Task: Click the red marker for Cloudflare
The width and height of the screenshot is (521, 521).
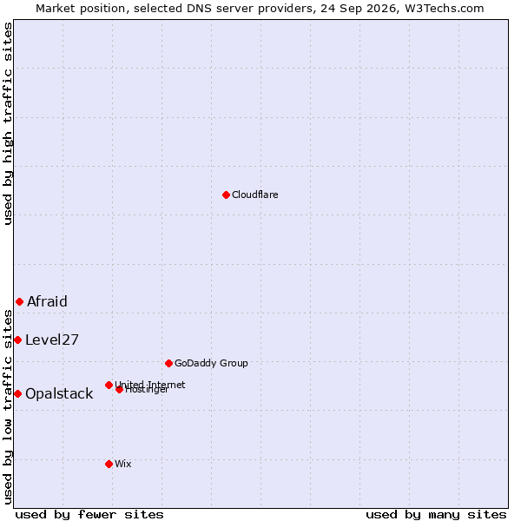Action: (226, 195)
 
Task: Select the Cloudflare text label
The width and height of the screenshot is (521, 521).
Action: (254, 195)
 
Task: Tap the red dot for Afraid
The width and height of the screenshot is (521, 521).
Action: (20, 301)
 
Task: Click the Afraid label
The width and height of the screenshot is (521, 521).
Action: (47, 301)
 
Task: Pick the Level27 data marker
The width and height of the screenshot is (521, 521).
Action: (18, 340)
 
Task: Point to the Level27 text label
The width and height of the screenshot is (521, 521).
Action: (52, 340)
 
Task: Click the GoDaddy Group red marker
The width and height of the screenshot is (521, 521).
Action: (168, 364)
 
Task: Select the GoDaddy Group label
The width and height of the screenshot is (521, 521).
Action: (211, 363)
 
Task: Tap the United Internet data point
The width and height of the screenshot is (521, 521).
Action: (109, 385)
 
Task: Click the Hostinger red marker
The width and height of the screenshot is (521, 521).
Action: (120, 390)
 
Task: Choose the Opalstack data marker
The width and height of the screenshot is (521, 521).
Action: (18, 394)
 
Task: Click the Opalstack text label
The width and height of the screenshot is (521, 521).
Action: (59, 393)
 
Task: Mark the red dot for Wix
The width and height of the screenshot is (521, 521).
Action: (109, 465)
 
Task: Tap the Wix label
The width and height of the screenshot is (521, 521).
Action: (123, 464)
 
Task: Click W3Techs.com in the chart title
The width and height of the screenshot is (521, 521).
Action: (445, 9)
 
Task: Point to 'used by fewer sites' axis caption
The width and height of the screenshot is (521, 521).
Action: (89, 515)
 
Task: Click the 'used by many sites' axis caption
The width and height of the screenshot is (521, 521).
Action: (436, 515)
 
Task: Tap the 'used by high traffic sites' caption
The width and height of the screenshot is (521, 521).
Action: (8, 123)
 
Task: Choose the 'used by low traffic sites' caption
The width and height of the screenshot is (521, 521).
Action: (8, 408)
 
